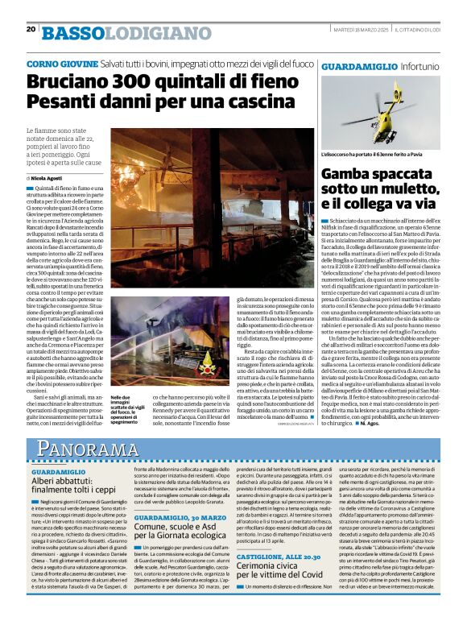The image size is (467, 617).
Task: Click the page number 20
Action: pyautogui.click(x=31, y=29)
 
